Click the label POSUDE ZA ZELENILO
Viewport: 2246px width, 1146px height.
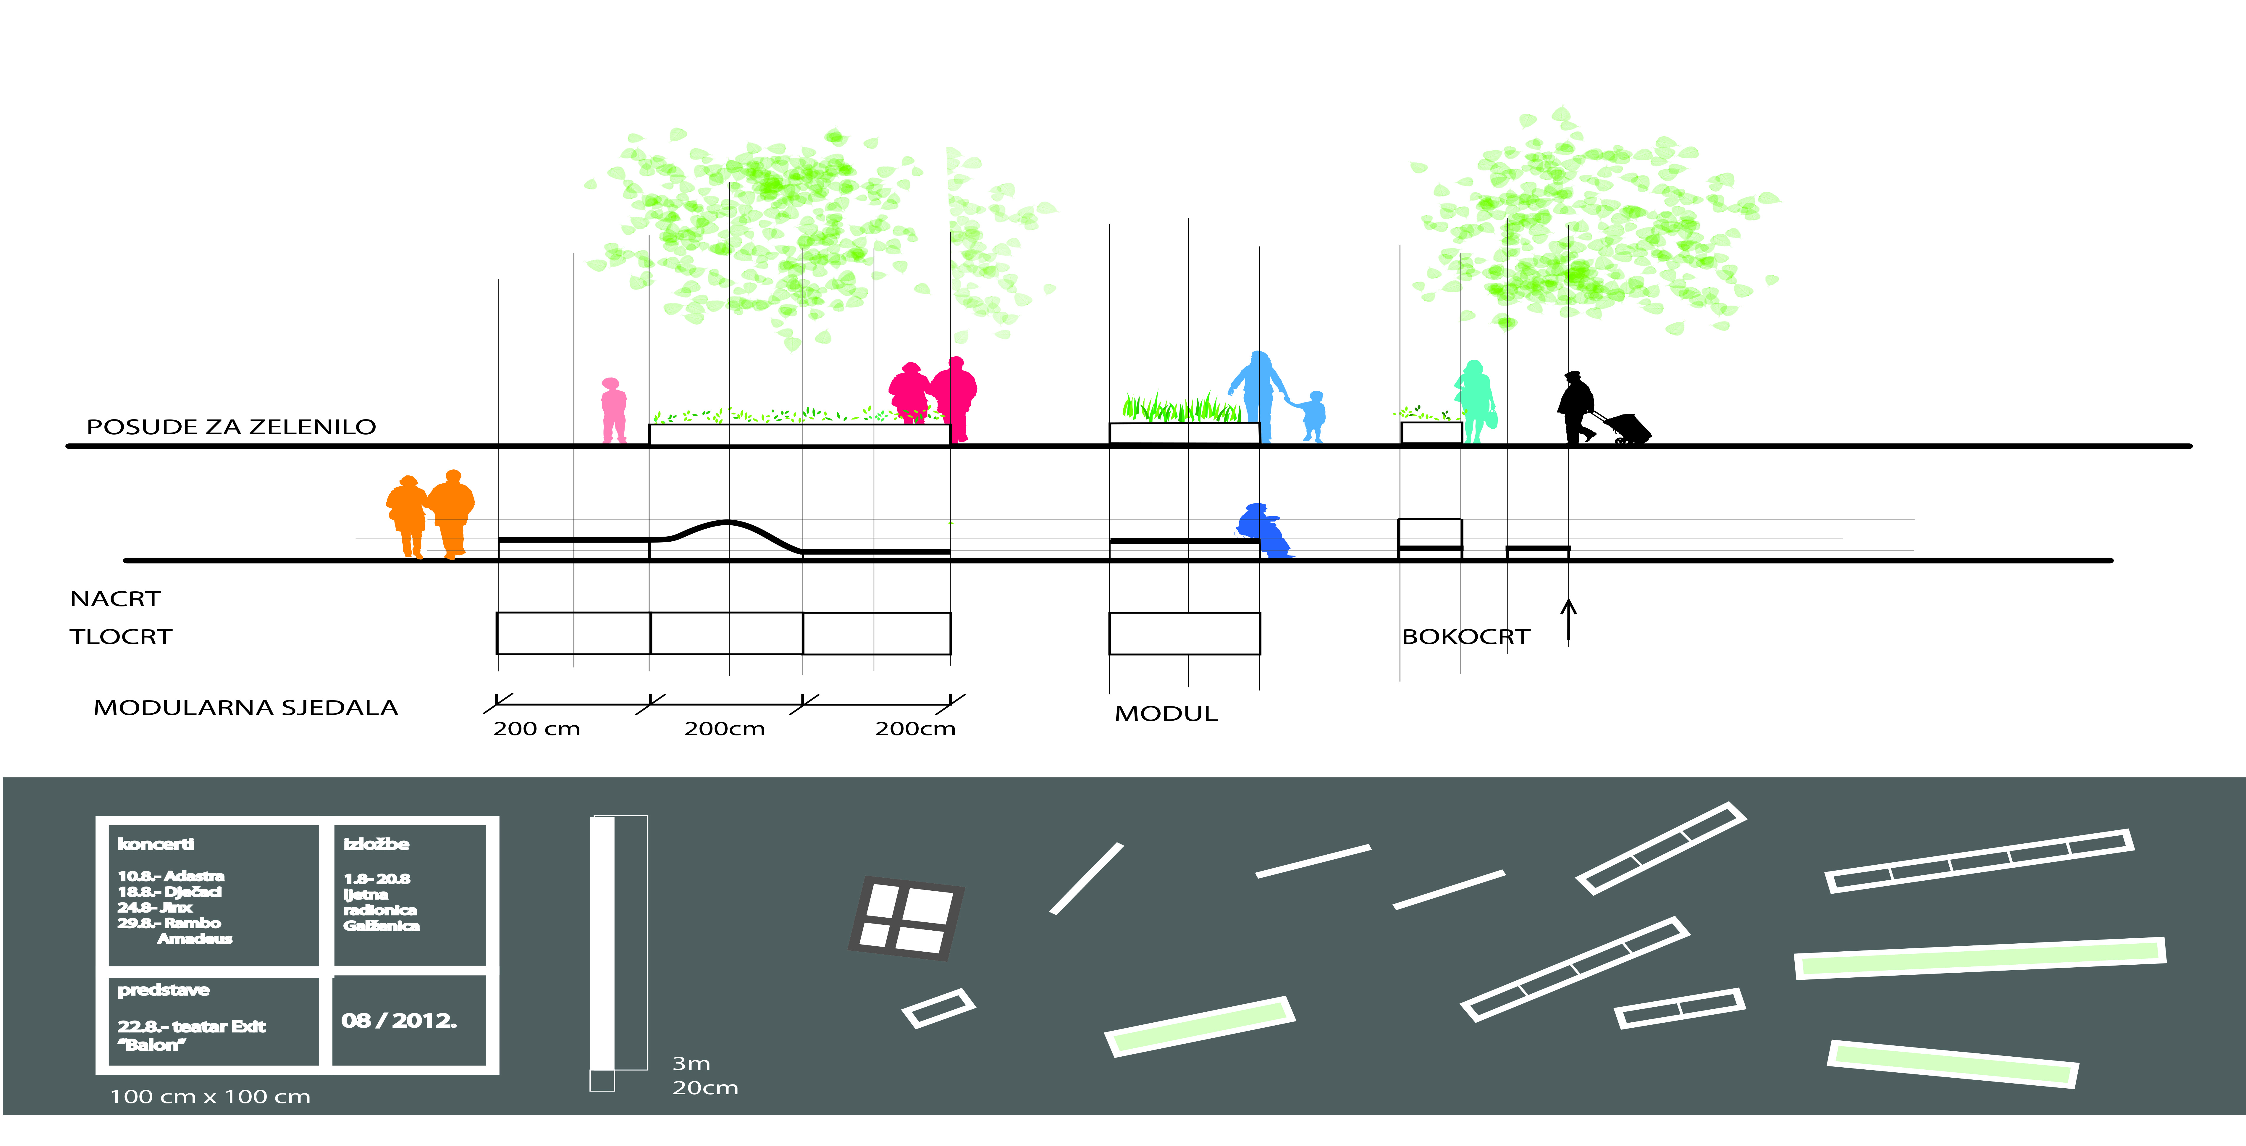[231, 427]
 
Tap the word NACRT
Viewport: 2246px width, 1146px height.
[115, 599]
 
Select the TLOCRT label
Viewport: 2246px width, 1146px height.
[121, 637]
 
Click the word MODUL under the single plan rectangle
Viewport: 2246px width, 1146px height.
[1166, 714]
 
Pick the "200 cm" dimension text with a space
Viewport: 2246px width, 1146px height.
[536, 728]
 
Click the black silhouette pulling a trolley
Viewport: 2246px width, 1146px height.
[1578, 408]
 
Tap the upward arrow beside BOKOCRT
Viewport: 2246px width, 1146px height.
[1568, 619]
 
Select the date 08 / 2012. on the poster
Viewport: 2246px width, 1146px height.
[399, 1020]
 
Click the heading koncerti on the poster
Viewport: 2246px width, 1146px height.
[156, 843]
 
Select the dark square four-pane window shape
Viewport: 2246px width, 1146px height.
[906, 919]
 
